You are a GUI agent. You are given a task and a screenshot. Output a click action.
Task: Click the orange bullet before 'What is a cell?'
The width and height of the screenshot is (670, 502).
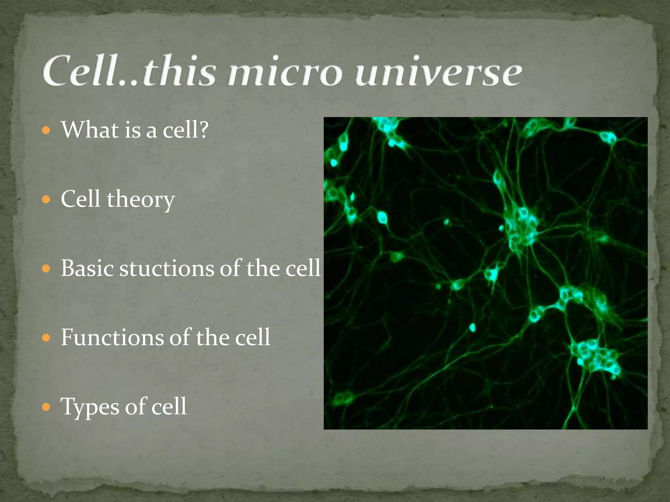[46, 130]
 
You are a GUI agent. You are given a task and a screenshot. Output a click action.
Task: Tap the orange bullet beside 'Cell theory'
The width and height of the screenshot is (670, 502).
[46, 199]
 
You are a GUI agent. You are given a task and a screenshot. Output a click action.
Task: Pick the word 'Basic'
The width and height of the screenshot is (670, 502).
[87, 269]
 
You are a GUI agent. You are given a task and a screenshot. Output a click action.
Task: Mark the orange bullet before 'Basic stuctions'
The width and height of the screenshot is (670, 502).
[46, 269]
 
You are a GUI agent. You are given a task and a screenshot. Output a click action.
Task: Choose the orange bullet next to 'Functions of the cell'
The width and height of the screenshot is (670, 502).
[46, 338]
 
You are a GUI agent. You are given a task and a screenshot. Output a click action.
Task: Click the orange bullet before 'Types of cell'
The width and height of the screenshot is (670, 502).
[46, 407]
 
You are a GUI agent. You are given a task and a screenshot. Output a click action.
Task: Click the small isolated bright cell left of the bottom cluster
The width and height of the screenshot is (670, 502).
[472, 327]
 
